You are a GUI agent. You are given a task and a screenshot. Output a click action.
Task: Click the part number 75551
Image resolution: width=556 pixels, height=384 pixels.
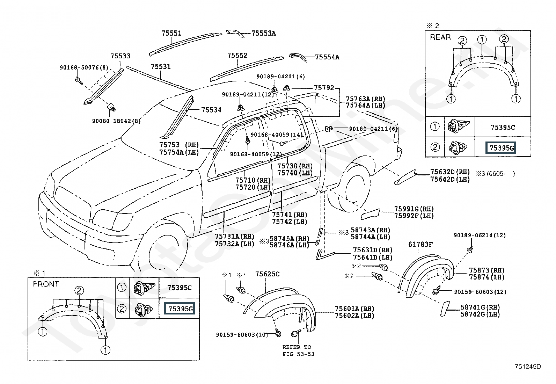pos(171,33)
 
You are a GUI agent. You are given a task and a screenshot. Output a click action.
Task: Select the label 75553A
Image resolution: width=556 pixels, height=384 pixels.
pos(264,33)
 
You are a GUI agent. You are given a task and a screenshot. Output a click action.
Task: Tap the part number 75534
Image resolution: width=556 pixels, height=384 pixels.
pos(211,110)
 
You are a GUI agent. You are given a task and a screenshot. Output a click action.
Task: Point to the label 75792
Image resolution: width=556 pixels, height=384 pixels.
pos(324,88)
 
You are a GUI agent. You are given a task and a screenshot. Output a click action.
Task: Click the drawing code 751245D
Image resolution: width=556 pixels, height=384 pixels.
pos(528,367)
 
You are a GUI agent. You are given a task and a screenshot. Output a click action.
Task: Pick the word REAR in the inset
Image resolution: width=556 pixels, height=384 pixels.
pos(440,37)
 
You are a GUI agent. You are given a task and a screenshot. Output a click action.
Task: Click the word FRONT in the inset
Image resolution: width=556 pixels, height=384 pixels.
pos(46,284)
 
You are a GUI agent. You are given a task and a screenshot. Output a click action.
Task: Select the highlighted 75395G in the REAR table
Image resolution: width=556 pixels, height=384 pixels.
pos(501,148)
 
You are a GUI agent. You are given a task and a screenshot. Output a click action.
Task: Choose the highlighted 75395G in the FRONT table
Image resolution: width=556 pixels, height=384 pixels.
pos(180,309)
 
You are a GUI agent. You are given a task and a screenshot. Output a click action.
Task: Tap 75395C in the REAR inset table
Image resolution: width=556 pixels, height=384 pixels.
pos(503,128)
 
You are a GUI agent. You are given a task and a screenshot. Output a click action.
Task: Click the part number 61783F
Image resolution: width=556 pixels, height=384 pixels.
pos(420,244)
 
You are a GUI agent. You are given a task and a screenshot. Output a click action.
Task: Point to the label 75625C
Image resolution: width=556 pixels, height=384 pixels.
pos(267,274)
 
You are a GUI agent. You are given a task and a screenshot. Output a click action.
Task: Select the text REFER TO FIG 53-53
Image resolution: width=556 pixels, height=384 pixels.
pos(298,350)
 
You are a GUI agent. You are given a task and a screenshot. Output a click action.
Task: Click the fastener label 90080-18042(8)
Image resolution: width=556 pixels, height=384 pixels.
pos(116,121)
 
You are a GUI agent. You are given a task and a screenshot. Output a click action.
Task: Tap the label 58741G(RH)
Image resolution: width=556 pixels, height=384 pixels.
pos(480,307)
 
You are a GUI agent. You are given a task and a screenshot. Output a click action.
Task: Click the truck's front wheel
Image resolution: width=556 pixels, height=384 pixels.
pos(164,248)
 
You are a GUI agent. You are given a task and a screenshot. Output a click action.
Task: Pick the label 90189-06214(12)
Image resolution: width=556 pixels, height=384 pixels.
pos(480,235)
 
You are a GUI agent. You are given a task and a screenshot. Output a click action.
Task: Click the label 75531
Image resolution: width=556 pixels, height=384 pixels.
pos(161,66)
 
